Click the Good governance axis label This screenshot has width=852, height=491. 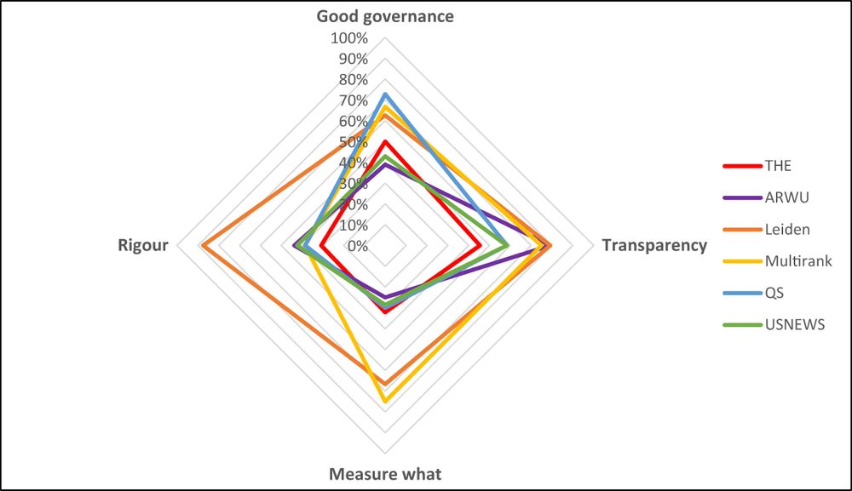(x=385, y=16)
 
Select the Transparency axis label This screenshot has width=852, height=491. (x=654, y=246)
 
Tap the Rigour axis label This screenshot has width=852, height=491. (x=143, y=246)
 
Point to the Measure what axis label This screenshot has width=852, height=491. (x=385, y=474)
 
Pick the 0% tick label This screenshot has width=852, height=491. (x=357, y=246)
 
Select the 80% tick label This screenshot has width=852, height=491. (x=352, y=80)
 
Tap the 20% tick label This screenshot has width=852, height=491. (x=352, y=204)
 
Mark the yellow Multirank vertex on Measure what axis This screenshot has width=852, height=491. (x=385, y=401)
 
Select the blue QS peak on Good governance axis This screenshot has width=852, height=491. (x=385, y=94)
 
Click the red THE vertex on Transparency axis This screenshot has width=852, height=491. (x=481, y=246)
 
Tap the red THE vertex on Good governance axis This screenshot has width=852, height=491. (x=385, y=142)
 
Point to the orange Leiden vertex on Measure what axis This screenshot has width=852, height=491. (x=385, y=383)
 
